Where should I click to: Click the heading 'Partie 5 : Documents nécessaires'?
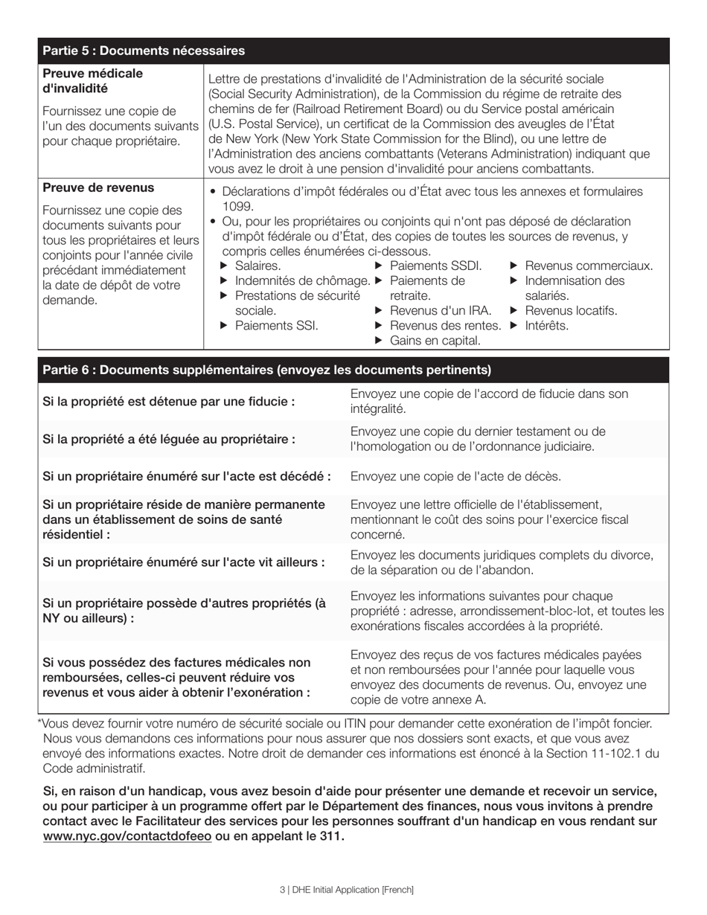(x=144, y=51)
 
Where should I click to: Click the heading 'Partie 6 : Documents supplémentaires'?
(x=266, y=370)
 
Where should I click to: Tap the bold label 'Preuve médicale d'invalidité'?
(x=92, y=81)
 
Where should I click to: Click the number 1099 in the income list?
(x=238, y=207)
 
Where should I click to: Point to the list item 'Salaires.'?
(x=257, y=266)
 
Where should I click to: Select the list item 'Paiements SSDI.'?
(x=435, y=266)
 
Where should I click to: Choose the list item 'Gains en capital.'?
(x=435, y=341)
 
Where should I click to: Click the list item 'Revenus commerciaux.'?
(x=589, y=266)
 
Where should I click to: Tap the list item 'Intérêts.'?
(x=547, y=326)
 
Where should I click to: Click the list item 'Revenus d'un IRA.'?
(x=441, y=311)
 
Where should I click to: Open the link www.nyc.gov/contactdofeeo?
(x=127, y=837)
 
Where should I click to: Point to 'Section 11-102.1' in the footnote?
(x=596, y=754)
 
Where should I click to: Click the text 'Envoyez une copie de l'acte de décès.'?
(x=455, y=477)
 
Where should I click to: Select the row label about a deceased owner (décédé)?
(x=187, y=477)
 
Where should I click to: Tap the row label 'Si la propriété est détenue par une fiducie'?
(x=169, y=402)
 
